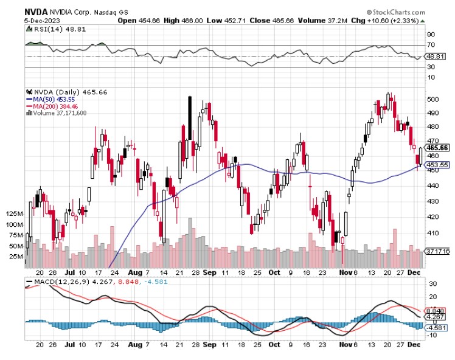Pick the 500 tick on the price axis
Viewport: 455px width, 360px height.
pos(432,99)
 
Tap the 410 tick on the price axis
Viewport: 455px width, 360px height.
pos(432,234)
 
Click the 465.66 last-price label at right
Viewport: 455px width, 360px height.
pos(438,147)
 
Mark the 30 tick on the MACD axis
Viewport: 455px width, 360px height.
pos(432,284)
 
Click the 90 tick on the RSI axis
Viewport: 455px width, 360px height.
pos(432,35)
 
